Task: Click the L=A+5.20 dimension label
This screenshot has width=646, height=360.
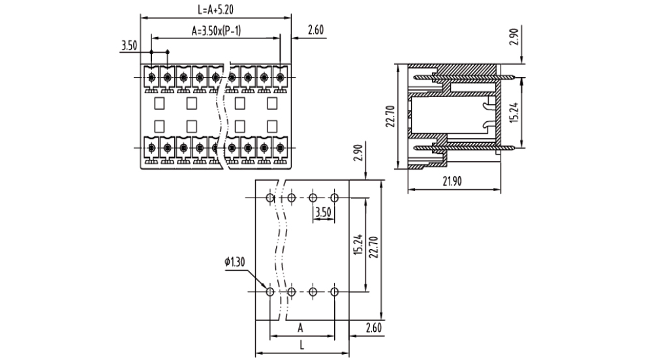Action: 216,10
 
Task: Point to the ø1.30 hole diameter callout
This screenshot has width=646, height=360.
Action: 235,262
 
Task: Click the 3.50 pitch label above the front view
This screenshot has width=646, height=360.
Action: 129,45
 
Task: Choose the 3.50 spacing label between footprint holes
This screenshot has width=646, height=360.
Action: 323,212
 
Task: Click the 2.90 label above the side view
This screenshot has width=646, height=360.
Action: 514,37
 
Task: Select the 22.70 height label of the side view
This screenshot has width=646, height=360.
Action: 390,117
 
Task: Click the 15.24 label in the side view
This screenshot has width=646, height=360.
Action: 514,112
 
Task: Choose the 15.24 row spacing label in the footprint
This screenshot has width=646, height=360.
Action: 358,244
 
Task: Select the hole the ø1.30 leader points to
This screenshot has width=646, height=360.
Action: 270,291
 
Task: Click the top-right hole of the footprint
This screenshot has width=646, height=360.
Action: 334,198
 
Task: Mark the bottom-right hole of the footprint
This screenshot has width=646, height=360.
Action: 334,291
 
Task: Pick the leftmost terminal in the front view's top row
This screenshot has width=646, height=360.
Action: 151,77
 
